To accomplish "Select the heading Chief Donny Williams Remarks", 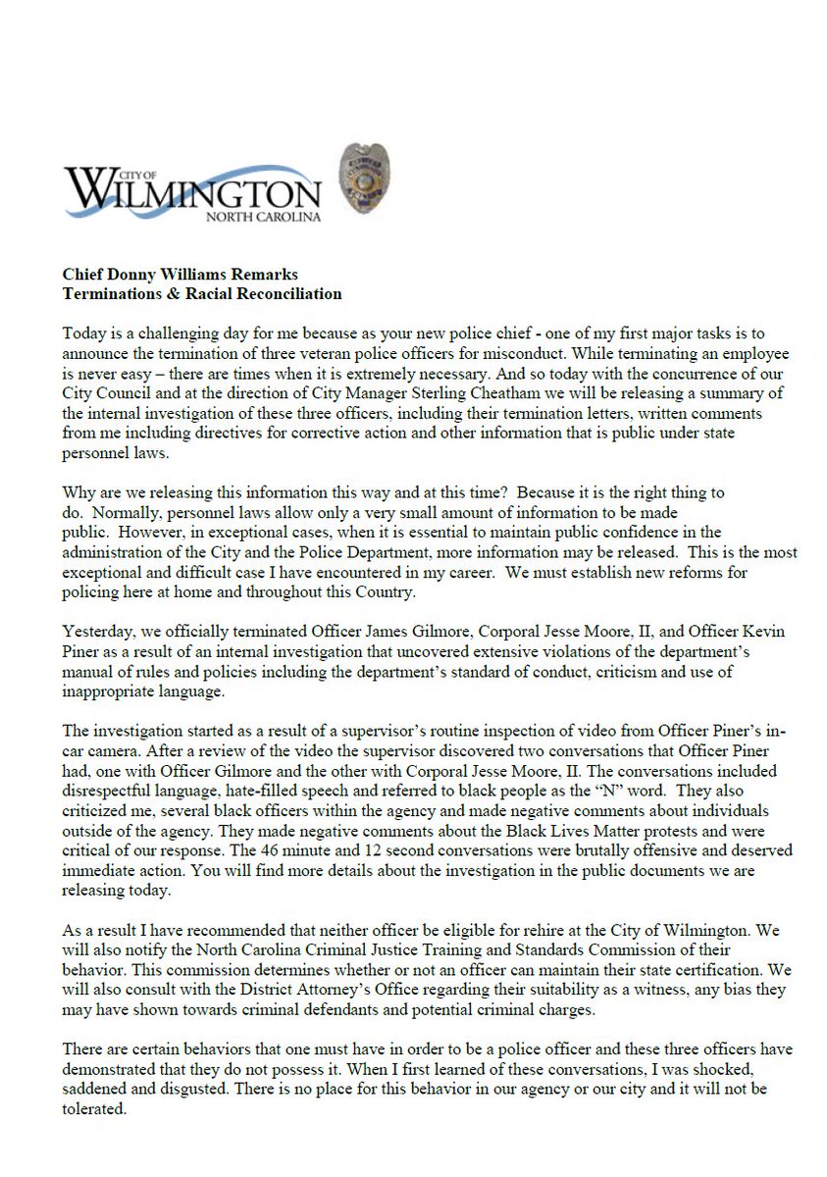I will [x=181, y=276].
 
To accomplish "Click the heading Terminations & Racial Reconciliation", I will [x=202, y=293].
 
